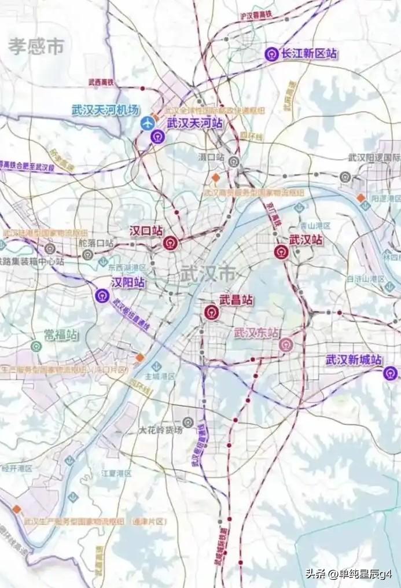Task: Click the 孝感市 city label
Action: [36, 46]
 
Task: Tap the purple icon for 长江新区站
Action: [271, 54]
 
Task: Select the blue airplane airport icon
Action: [149, 123]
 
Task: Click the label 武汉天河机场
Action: [106, 109]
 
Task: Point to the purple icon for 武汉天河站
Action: [157, 137]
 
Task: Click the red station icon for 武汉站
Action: [281, 252]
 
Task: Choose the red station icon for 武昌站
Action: [211, 313]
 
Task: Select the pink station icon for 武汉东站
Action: [285, 345]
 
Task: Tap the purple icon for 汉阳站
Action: [102, 296]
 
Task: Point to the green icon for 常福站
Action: [36, 347]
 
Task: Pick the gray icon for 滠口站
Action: [234, 161]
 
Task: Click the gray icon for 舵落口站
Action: [87, 255]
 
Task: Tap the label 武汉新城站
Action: [354, 360]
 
